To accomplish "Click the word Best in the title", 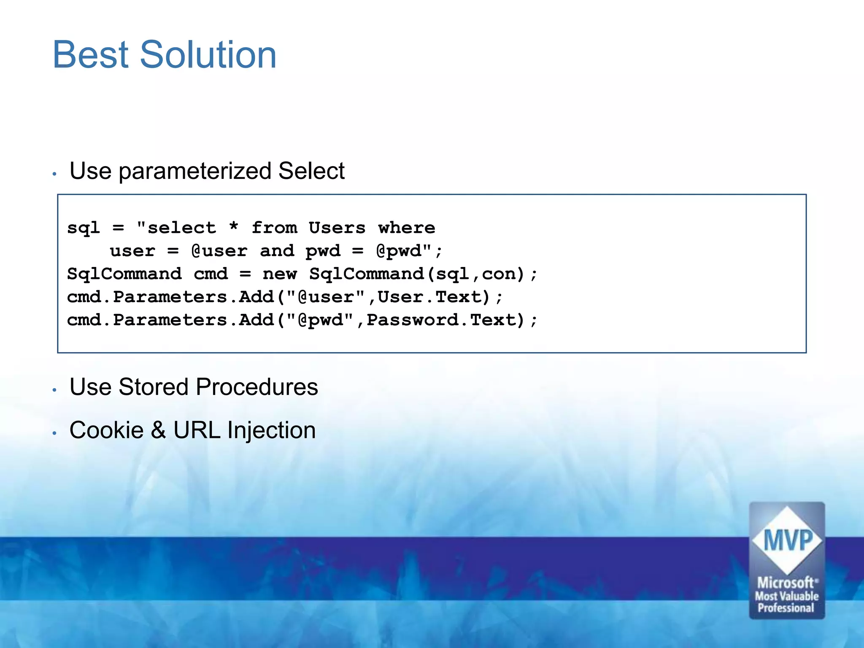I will point(90,55).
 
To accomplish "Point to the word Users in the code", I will point(337,228).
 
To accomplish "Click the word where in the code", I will point(406,228).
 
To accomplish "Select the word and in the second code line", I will point(277,251).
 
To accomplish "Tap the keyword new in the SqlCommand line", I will point(279,274).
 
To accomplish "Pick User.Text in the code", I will point(434,297).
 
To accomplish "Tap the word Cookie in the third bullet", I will point(106,430).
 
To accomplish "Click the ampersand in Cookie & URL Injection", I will point(158,430).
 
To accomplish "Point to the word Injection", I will point(271,430).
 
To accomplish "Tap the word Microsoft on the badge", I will point(786,583).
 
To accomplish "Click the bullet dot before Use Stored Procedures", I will point(54,390).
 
